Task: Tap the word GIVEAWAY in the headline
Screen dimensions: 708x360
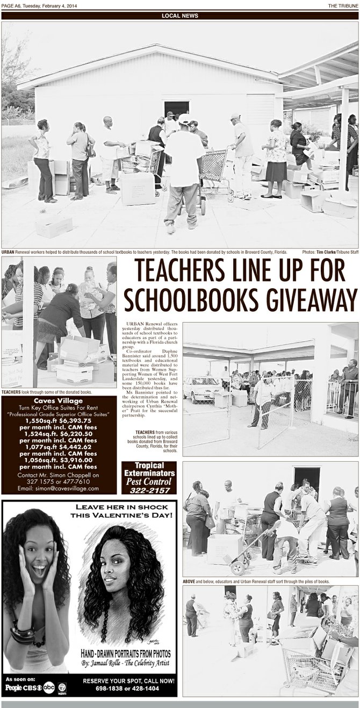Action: pyautogui.click(x=309, y=299)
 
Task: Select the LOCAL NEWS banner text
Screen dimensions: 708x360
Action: pyautogui.click(x=179, y=16)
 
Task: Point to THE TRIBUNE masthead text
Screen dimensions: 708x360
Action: pyautogui.click(x=343, y=5)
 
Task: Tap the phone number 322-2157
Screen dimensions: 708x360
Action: pyautogui.click(x=148, y=490)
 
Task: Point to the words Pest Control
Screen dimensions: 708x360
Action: pyautogui.click(x=148, y=481)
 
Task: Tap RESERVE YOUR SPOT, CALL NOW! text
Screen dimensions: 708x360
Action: pyautogui.click(x=128, y=680)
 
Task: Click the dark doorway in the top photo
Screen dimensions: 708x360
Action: pyautogui.click(x=176, y=109)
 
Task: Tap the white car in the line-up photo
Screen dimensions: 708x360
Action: pyautogui.click(x=201, y=388)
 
